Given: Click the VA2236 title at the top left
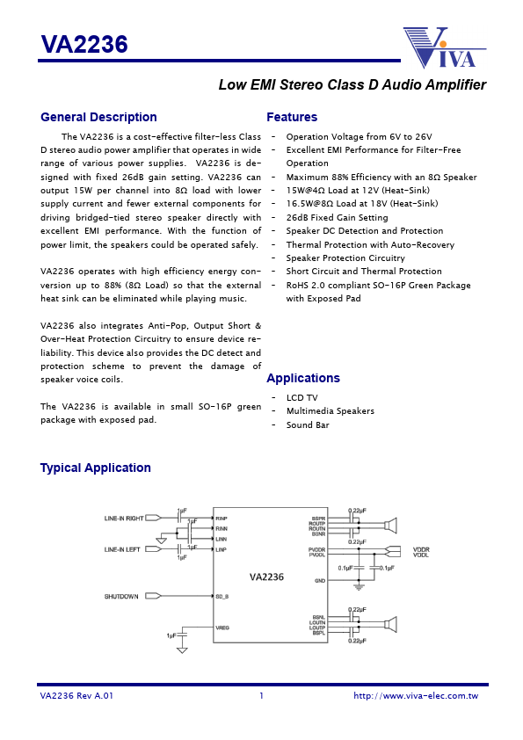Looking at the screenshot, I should pos(84,45).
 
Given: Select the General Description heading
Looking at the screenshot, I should pos(98,118).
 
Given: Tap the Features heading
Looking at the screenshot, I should pos(292,118).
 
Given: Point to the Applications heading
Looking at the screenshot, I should pos(302,379).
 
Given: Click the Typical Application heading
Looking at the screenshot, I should pos(95,468).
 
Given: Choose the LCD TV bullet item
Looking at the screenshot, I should pos(301,398).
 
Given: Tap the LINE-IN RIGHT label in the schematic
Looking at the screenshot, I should pos(123,519).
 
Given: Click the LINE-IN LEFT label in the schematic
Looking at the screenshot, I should pos(122,549).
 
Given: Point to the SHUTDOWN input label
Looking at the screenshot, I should pos(121,597).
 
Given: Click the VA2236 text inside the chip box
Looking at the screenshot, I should pos(266,577).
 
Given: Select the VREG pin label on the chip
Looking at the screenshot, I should pos(222,628).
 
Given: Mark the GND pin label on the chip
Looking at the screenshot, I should pos(320,581).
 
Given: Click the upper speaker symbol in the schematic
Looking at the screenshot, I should pos(391,526).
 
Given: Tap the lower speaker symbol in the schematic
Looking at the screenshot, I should pos(391,625).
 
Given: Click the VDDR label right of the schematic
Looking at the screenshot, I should pos(421,548).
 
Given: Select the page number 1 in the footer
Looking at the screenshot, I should pos(261,696).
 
